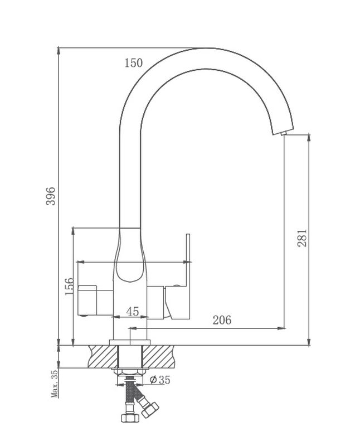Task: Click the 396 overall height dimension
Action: (51, 196)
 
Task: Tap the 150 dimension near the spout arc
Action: (134, 63)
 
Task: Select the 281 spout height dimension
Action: (302, 238)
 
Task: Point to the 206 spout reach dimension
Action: (222, 320)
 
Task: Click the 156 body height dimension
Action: (70, 287)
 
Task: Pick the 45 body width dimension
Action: (133, 312)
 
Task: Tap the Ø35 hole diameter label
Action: (160, 380)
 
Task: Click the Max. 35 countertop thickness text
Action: (54, 383)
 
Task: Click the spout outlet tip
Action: (284, 134)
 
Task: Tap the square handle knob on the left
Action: (87, 300)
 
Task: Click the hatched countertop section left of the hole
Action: (103, 356)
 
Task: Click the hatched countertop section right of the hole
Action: (158, 356)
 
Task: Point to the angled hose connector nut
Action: (149, 409)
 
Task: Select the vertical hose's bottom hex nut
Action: (130, 418)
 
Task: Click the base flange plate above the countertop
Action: (130, 342)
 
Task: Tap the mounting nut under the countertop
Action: (130, 371)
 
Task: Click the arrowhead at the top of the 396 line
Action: (59, 51)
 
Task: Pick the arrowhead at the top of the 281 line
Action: (309, 138)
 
